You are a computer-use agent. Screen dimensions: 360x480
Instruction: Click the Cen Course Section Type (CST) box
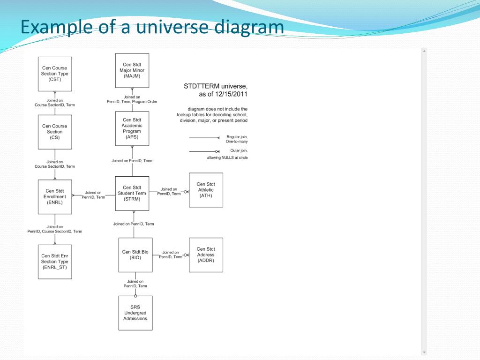click(x=55, y=74)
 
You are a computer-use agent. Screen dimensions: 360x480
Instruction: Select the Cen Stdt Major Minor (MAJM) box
click(x=132, y=70)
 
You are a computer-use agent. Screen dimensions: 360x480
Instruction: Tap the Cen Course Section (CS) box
click(x=55, y=132)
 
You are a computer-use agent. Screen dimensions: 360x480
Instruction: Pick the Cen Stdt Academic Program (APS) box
click(x=132, y=128)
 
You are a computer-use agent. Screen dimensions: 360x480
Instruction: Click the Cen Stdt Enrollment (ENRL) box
click(x=55, y=197)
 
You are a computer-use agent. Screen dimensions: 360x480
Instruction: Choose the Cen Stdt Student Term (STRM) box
click(x=132, y=193)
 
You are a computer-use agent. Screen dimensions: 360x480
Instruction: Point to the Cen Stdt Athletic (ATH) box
click(x=206, y=190)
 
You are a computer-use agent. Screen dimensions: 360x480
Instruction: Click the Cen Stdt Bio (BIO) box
click(x=135, y=255)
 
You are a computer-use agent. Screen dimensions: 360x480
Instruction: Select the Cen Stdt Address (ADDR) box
click(x=206, y=255)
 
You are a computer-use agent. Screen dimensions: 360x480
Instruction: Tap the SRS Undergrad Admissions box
click(x=135, y=313)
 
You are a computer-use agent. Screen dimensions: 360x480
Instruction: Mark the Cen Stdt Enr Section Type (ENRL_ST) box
click(x=55, y=262)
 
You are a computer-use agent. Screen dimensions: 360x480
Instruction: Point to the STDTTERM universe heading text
click(x=216, y=87)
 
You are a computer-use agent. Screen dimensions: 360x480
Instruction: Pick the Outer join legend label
click(x=239, y=150)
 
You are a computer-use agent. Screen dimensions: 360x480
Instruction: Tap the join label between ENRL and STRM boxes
click(x=93, y=195)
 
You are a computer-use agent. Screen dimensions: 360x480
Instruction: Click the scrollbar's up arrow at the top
click(x=424, y=51)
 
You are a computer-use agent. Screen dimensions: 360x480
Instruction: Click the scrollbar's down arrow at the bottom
click(x=424, y=352)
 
